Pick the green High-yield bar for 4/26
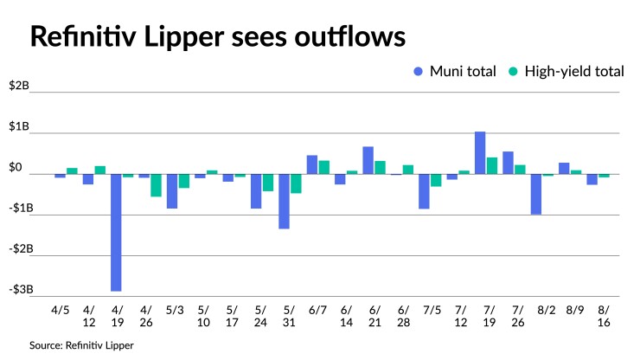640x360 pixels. pyautogui.click(x=156, y=185)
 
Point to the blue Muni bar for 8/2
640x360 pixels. pyautogui.click(x=536, y=194)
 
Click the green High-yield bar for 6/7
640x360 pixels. pyautogui.click(x=323, y=167)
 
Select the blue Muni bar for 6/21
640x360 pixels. pyautogui.click(x=368, y=160)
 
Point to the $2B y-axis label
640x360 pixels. pyautogui.click(x=19, y=87)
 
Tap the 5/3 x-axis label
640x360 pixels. pyautogui.click(x=172, y=308)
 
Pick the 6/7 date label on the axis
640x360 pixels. pyautogui.click(x=317, y=308)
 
